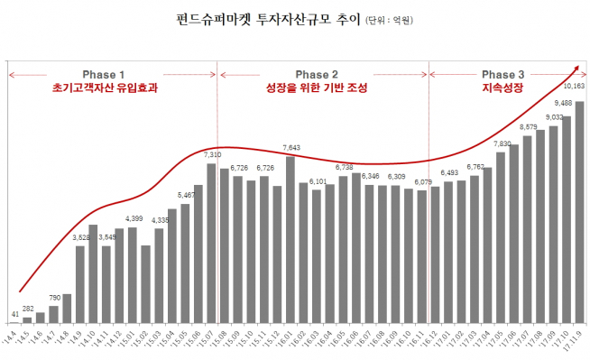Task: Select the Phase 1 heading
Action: tap(104, 74)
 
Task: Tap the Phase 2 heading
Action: tap(317, 74)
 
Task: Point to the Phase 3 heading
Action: tap(502, 74)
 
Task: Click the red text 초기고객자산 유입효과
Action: tap(104, 88)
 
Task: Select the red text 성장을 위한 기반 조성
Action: tap(317, 88)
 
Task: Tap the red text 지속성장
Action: tap(502, 88)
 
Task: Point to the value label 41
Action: tap(14, 313)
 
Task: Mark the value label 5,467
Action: tap(186, 195)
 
